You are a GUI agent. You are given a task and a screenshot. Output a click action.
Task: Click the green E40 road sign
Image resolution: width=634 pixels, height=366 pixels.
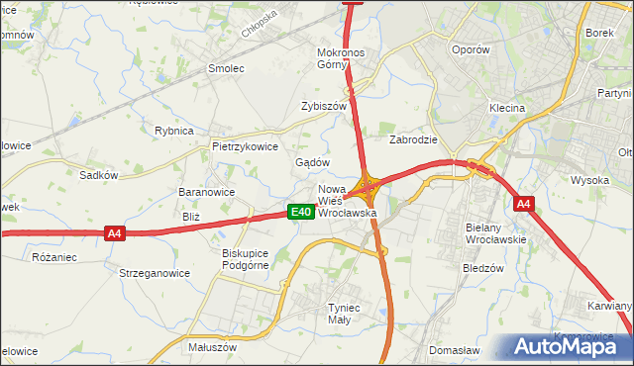tap(302, 212)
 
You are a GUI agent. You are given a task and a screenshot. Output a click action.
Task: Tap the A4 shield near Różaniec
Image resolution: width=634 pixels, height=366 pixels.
tap(115, 233)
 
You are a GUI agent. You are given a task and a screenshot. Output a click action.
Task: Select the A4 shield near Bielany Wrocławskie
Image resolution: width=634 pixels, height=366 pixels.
tap(524, 204)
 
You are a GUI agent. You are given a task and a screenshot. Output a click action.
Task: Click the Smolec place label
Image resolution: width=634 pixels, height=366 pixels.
tap(225, 68)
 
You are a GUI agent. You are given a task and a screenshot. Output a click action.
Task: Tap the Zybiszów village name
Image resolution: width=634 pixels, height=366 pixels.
tap(324, 106)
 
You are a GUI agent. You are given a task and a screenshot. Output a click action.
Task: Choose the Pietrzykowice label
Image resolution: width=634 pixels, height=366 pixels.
tap(245, 145)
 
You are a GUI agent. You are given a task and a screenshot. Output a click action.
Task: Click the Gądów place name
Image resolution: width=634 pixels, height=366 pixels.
tap(313, 162)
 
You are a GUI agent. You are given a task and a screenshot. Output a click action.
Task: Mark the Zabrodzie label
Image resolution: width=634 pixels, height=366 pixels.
tap(414, 139)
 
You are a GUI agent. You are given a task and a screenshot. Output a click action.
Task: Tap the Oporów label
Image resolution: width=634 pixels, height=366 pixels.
tap(470, 49)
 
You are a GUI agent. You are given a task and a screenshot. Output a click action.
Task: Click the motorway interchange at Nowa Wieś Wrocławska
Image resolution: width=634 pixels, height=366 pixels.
tap(370, 184)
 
